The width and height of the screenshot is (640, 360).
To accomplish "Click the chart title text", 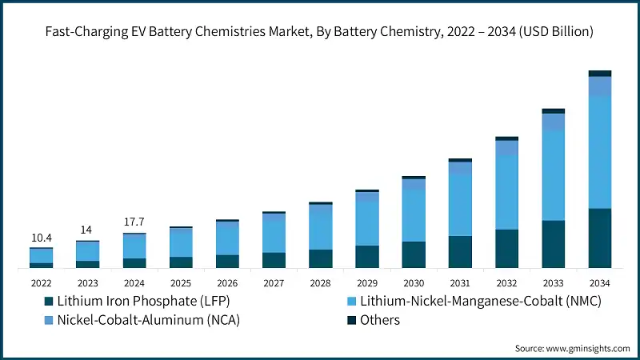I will pos(320,32).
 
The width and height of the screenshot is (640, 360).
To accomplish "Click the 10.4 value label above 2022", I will pos(41,238).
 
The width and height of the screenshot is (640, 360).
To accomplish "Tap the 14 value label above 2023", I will pos(86,230).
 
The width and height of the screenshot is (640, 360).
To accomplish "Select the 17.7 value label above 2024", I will pos(134,223).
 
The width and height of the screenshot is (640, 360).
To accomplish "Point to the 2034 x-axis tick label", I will pos(599,282).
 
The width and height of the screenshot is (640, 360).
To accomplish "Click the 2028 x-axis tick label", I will pos(320,282).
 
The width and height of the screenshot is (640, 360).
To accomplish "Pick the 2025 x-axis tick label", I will pos(180,282).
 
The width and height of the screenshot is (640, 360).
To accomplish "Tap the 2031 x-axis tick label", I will pos(460,282).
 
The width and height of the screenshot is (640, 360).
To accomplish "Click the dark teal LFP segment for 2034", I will pos(599,238).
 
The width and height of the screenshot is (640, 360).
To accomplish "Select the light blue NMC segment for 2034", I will pos(599,152).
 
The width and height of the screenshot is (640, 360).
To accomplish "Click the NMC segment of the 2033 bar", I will pos(553,175).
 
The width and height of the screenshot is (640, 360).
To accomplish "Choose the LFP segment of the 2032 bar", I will pos(506,248).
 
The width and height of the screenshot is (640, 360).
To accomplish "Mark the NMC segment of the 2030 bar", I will pos(414,215).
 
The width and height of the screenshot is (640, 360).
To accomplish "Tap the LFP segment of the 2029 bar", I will pos(366,256).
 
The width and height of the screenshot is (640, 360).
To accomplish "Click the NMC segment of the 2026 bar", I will pos(227,239).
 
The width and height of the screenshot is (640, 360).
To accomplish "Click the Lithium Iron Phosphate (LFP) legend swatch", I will pos(48,302).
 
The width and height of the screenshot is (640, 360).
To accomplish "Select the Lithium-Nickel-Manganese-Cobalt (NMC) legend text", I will pos(480,302).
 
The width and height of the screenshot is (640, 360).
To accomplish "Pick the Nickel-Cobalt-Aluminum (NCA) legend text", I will pos(149,321).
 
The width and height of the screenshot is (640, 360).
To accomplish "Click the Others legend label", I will pos(380,321).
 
